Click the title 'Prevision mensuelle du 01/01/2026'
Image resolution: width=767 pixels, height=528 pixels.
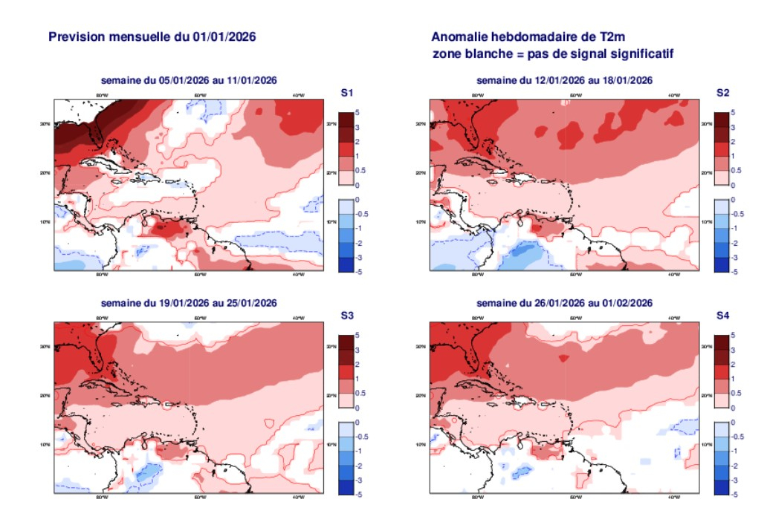point(152,36)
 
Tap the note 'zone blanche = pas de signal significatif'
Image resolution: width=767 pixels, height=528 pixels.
point(552,53)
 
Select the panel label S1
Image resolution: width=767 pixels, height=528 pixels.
point(346,93)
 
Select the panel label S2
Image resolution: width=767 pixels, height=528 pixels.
point(722,93)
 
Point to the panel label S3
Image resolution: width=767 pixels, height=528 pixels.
point(346,316)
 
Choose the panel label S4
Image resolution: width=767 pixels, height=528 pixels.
point(722,316)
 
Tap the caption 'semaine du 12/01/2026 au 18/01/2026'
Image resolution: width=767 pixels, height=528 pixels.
point(564,80)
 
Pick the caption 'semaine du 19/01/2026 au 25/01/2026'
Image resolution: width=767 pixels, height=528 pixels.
point(188,303)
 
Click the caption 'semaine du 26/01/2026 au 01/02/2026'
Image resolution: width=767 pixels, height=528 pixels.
point(564,303)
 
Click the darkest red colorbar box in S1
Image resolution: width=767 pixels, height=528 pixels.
point(346,120)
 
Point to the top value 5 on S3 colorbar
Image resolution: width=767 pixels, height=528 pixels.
point(360,336)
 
